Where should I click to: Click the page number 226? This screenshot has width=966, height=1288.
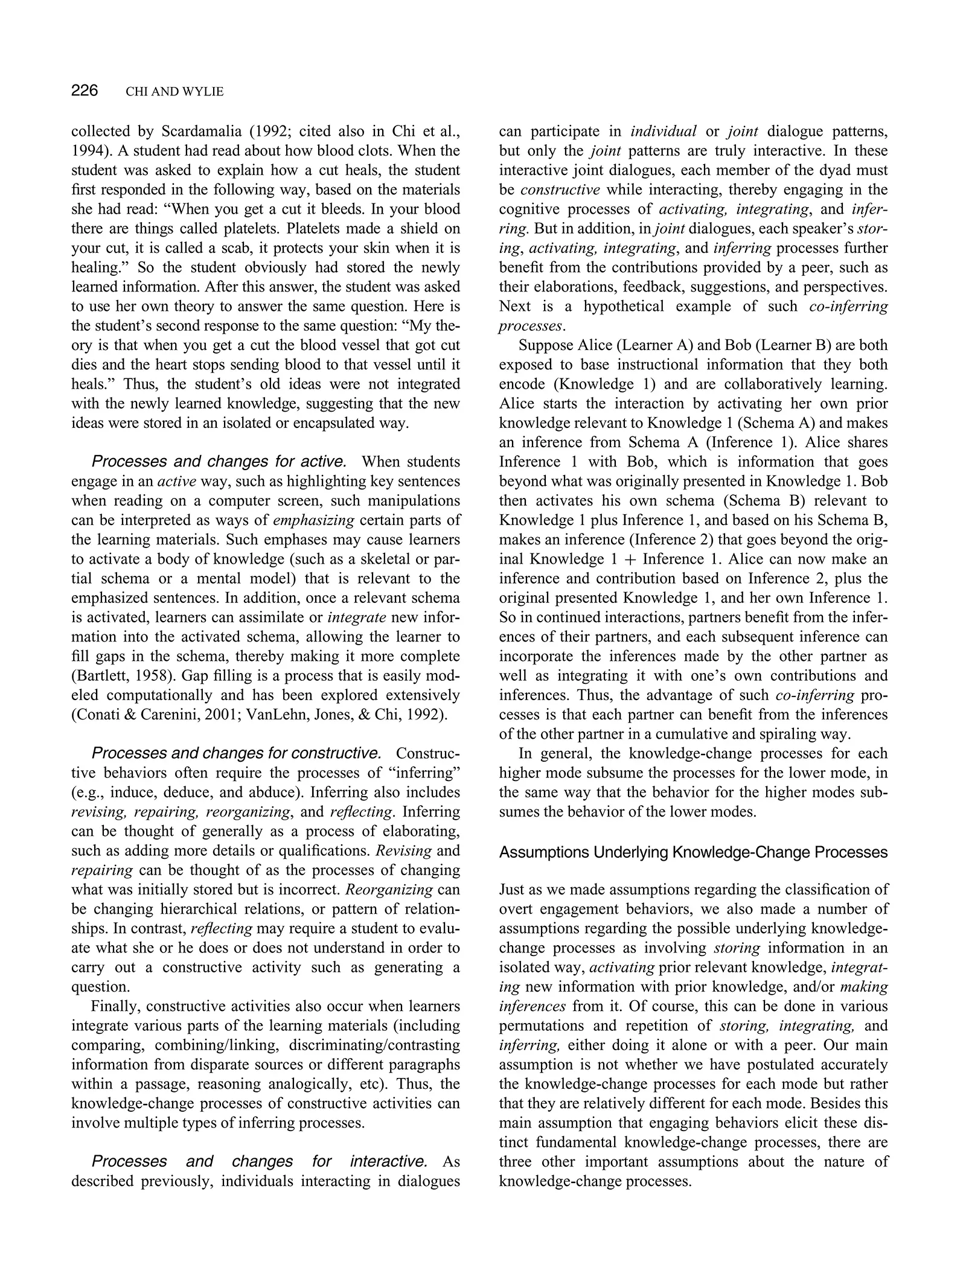pyautogui.click(x=85, y=91)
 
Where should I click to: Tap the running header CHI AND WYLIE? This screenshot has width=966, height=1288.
pyautogui.click(x=174, y=92)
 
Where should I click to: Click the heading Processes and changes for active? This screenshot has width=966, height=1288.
pyautogui.click(x=219, y=462)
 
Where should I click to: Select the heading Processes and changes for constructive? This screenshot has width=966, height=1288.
pyautogui.click(x=236, y=753)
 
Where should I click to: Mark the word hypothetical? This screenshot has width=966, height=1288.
pyautogui.click(x=622, y=306)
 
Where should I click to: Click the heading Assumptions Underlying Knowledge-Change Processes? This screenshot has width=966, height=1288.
pyautogui.click(x=694, y=852)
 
